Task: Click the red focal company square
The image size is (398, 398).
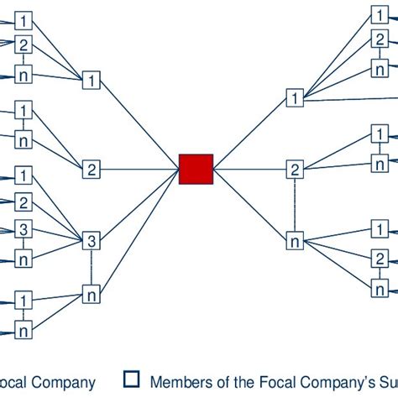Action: [196, 169]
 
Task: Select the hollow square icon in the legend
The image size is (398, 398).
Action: [131, 379]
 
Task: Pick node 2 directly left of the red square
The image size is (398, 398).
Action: [92, 170]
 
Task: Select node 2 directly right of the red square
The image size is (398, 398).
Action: [295, 170]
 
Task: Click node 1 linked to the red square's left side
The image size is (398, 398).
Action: [92, 81]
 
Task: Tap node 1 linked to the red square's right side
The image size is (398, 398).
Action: [295, 98]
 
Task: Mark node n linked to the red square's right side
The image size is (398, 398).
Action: [295, 242]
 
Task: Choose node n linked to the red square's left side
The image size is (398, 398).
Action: [92, 293]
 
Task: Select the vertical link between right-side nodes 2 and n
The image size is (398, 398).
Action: [295, 206]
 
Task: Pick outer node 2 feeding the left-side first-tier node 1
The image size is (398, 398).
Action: [24, 45]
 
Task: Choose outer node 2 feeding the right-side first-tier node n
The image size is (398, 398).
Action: [381, 258]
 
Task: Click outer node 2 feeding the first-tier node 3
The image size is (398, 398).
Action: [24, 202]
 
